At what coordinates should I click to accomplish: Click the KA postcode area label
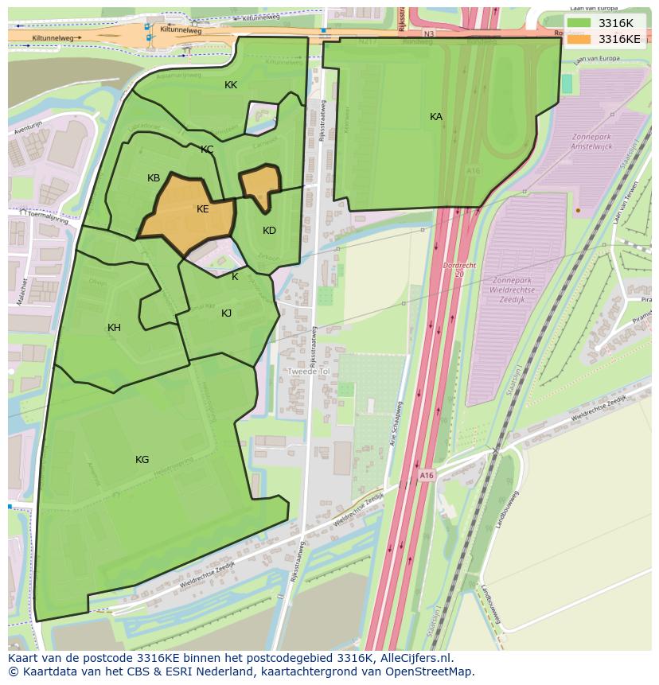click(436, 117)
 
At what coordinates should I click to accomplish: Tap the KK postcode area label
click(231, 85)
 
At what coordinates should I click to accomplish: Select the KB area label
click(154, 178)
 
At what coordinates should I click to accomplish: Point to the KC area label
click(207, 150)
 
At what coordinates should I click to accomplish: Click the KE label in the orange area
click(203, 209)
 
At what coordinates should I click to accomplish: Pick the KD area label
click(269, 231)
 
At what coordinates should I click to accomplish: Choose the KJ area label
click(227, 313)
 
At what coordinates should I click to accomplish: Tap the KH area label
click(114, 328)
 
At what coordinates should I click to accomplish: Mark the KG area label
click(142, 460)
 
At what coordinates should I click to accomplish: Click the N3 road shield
click(429, 34)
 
